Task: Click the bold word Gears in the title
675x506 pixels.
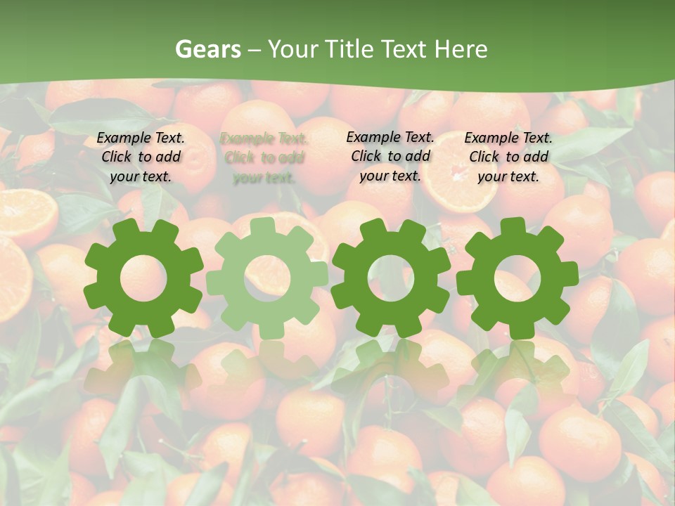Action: click(x=207, y=49)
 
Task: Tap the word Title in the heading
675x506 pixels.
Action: click(x=350, y=49)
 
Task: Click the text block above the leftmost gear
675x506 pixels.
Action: click(x=141, y=157)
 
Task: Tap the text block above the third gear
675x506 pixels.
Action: click(x=390, y=156)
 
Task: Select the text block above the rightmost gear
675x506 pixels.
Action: click(x=508, y=157)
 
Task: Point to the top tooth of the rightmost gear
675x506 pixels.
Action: click(x=517, y=227)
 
